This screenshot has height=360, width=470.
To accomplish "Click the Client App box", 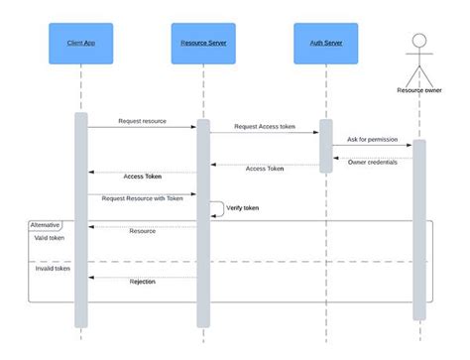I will (80, 44).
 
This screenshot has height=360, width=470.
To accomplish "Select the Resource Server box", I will (203, 44).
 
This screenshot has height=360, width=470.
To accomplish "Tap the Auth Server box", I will (326, 44).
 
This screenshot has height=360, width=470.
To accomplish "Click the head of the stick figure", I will (418, 41).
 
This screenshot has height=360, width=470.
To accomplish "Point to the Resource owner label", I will (418, 90).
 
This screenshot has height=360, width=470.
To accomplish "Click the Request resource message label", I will (143, 121).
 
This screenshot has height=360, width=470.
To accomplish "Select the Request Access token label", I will (265, 127).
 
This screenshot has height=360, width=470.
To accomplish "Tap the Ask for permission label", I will (374, 139).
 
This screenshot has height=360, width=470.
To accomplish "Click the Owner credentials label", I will (373, 162).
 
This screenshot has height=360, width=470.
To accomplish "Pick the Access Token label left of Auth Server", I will (265, 169).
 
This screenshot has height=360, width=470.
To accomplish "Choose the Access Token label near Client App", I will (143, 177).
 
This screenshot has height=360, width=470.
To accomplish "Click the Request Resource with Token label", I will (142, 197).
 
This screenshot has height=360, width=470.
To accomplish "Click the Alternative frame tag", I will (45, 225).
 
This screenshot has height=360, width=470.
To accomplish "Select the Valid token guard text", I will (50, 238).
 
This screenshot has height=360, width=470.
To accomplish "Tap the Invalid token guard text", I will (52, 268).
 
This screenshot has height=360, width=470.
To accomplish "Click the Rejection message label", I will (143, 282).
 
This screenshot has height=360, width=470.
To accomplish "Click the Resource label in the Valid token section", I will (143, 231).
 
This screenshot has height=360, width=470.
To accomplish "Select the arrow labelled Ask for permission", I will (372, 146).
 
